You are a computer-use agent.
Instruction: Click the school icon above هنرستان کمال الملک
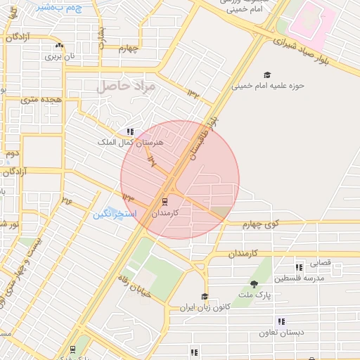130,131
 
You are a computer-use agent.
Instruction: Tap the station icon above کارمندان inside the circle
165,202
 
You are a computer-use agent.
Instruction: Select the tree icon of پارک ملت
253,283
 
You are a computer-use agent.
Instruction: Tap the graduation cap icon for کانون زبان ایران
205,297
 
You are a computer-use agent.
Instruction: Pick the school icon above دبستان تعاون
281,321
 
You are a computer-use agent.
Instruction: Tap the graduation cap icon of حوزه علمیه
266,75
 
